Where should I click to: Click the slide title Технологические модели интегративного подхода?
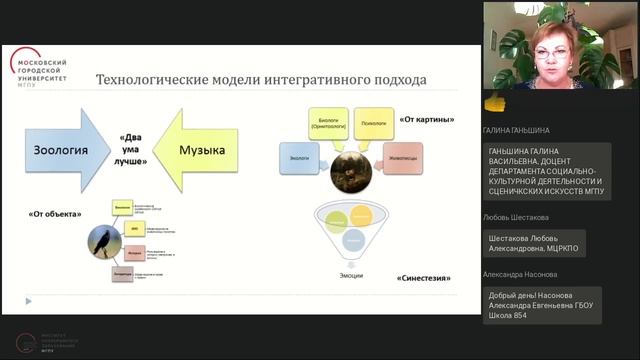[260, 79]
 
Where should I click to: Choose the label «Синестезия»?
[420, 278]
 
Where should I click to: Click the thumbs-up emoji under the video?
[491, 101]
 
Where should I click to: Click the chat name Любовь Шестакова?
[515, 217]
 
